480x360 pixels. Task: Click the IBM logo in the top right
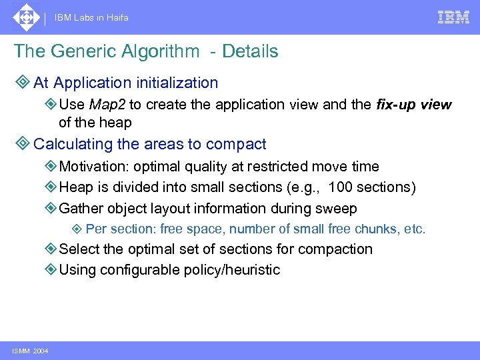453,17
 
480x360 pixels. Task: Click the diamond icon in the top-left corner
25,17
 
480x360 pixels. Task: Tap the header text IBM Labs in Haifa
91,18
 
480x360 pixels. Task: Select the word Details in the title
250,51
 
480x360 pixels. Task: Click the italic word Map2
107,105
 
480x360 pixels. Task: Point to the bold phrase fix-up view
413,105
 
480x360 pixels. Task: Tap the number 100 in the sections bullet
341,188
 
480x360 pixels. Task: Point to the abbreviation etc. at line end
415,229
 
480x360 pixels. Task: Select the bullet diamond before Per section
77,230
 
